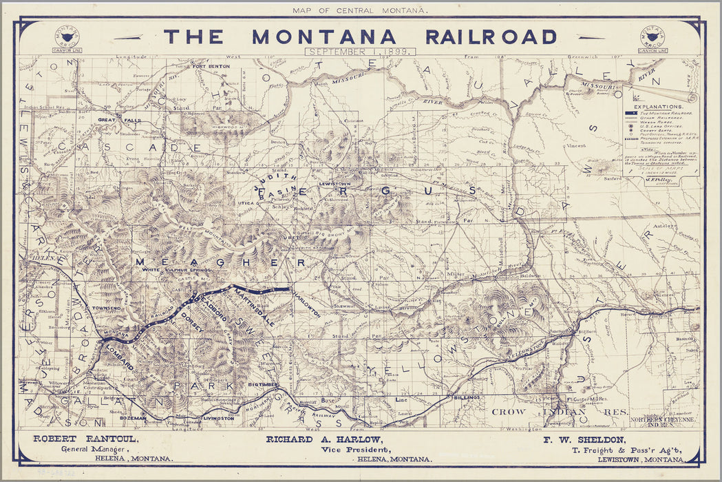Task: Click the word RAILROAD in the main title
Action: point(491,36)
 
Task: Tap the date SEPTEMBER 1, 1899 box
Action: point(359,52)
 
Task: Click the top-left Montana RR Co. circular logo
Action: point(66,38)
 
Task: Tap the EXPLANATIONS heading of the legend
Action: point(659,107)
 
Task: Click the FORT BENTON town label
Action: point(211,66)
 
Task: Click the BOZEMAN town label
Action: point(131,418)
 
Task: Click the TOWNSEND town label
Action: point(107,307)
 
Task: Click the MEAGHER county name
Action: point(220,262)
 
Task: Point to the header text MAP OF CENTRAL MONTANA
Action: point(360,10)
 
